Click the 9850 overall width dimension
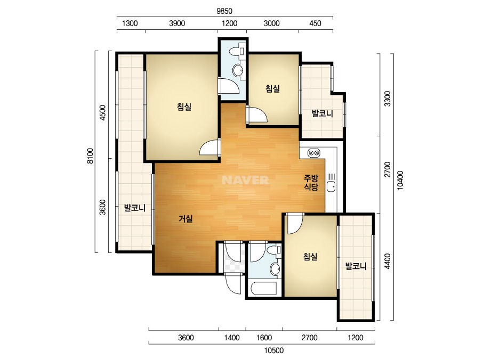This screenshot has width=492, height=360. pyautogui.click(x=224, y=11)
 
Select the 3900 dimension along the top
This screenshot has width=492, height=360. pyautogui.click(x=177, y=23)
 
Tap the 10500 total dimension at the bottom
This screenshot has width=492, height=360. pyautogui.click(x=274, y=350)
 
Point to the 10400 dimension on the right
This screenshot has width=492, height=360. pyautogui.click(x=400, y=180)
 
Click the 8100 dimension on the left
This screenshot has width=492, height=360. pyautogui.click(x=91, y=156)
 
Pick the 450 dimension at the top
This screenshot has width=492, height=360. pyautogui.click(x=315, y=23)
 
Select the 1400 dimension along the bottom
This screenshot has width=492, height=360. pyautogui.click(x=232, y=338)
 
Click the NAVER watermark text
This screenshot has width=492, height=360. pyautogui.click(x=245, y=180)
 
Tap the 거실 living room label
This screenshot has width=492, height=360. pyautogui.click(x=185, y=218)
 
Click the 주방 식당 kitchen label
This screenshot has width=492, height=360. pyautogui.click(x=311, y=183)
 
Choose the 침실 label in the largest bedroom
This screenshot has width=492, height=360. pyautogui.click(x=184, y=107)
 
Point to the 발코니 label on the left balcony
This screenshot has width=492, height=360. pyautogui.click(x=135, y=208)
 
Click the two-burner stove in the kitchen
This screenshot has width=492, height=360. pyautogui.click(x=314, y=153)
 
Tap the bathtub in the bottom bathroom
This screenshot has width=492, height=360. pyautogui.click(x=264, y=289)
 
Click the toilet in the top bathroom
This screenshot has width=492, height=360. pyautogui.click(x=237, y=51)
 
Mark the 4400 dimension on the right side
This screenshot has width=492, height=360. pyautogui.click(x=388, y=261)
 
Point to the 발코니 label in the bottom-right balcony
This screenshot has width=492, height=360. pyautogui.click(x=356, y=267)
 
